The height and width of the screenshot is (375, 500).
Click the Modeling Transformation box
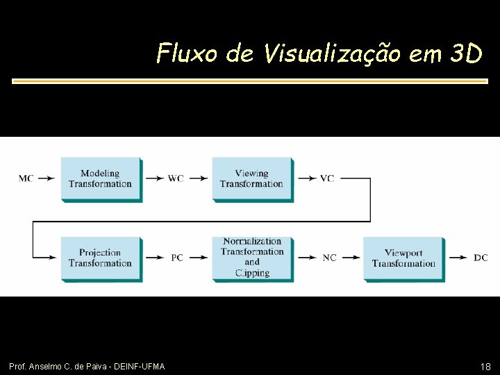coord(101,179)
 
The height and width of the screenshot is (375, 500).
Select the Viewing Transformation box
coord(252,179)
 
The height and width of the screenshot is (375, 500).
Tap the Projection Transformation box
coord(101,258)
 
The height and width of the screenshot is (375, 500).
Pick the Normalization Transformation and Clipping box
coord(252,258)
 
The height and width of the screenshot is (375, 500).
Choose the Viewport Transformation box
coord(403,258)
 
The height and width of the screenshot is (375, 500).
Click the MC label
coord(26,178)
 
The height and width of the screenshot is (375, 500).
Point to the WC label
coord(176,178)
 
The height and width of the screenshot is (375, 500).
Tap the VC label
coord(327,178)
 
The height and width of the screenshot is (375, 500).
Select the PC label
coord(177,258)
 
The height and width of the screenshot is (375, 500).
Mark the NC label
coord(329,258)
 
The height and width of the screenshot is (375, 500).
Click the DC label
coord(481,258)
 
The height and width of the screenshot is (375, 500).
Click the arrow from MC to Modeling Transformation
coord(46,178)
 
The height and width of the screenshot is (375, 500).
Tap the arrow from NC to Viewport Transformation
coord(350,258)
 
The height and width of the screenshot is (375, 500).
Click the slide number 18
coord(485,366)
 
